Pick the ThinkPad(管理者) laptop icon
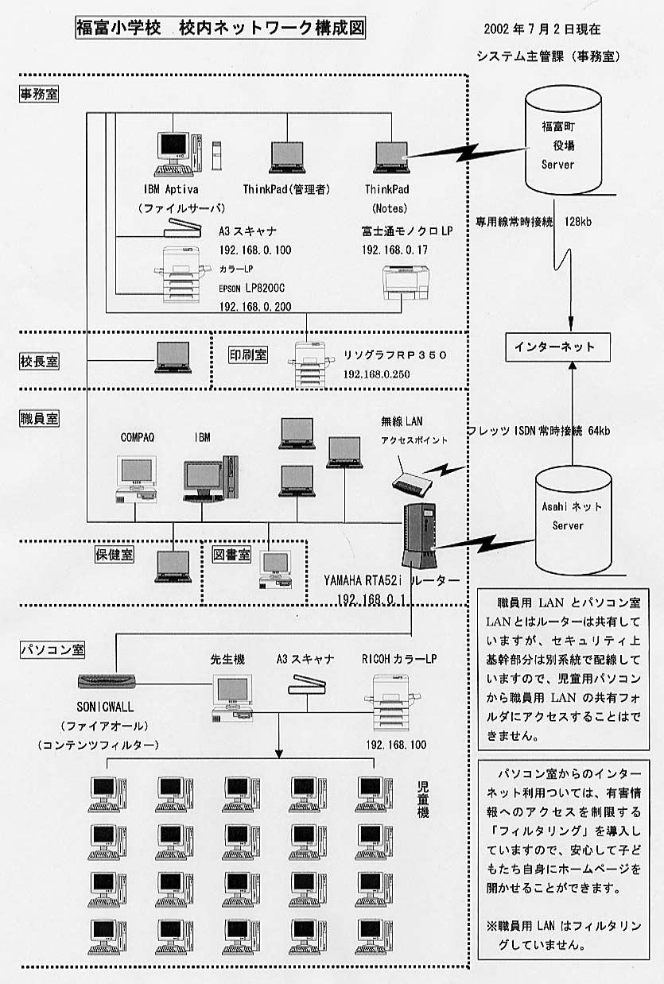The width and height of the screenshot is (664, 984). click(x=286, y=157)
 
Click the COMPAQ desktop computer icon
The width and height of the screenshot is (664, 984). click(x=135, y=480)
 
